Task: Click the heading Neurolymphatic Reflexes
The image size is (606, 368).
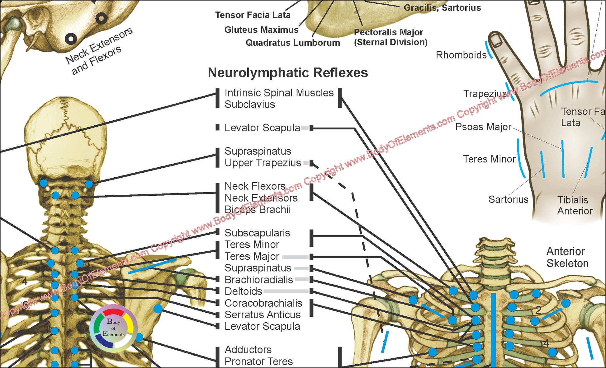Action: click(x=288, y=73)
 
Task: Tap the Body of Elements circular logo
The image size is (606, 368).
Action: click(x=113, y=328)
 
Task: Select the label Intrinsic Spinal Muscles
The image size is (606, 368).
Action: click(x=279, y=93)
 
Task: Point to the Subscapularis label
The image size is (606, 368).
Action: click(x=257, y=233)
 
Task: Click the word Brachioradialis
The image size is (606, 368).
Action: click(x=259, y=280)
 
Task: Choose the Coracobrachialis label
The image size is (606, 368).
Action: click(x=263, y=303)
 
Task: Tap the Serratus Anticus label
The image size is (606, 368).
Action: click(x=263, y=315)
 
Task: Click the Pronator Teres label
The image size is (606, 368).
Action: click(x=258, y=361)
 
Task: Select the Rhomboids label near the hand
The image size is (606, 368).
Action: click(x=461, y=55)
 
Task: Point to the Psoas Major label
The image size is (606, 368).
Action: click(x=483, y=127)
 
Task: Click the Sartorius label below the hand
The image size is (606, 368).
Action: click(x=508, y=199)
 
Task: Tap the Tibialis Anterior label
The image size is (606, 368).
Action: click(x=574, y=205)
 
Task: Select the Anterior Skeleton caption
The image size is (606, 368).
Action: click(x=567, y=257)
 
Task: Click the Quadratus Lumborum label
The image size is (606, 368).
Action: click(x=293, y=43)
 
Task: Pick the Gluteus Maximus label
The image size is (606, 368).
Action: click(x=261, y=30)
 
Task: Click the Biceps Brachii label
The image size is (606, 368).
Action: click(x=258, y=210)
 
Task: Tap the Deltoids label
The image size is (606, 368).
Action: click(x=243, y=291)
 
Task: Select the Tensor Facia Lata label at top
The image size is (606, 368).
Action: click(x=253, y=15)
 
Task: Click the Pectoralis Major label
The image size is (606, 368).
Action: click(x=390, y=37)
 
